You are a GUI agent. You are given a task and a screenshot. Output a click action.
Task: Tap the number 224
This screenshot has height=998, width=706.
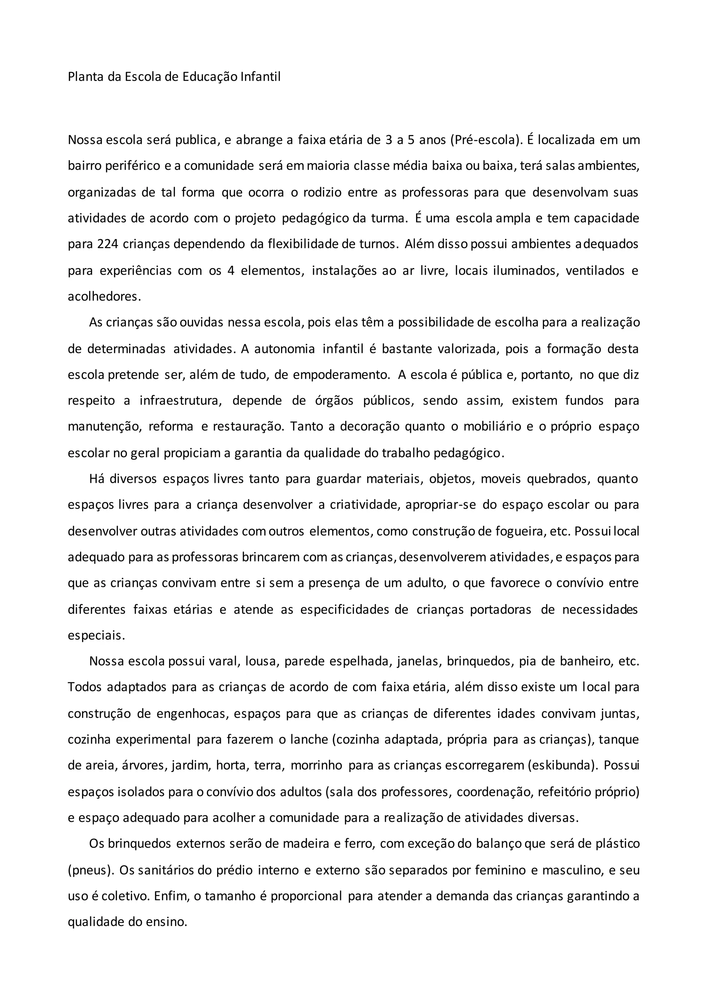(x=107, y=244)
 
